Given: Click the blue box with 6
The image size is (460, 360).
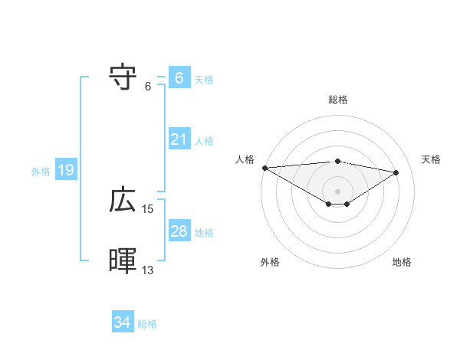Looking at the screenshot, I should point(179,78).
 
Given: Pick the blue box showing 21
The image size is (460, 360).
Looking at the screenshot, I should point(179,139).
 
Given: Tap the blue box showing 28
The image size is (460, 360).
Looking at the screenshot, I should point(179,231).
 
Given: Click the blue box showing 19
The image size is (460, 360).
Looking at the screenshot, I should point(65,170).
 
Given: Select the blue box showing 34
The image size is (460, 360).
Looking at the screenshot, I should point(122,322).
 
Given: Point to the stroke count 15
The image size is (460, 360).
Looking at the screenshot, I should point(148,208).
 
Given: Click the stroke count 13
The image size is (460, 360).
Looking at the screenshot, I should point(148,270).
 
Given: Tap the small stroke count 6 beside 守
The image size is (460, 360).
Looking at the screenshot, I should point(148,86).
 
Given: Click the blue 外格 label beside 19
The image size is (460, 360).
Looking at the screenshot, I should point(41,172).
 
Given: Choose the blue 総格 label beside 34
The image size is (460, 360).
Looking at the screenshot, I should point(147,324).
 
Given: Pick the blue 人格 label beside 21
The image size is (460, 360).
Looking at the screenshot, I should point(204,141).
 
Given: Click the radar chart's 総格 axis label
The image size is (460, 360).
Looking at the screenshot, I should point(337,100).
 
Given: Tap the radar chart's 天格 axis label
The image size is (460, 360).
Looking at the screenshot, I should point(431,159).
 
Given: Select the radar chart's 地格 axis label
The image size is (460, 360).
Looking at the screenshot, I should point(402,262).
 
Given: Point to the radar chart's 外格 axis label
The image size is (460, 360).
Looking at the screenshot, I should point(270,262).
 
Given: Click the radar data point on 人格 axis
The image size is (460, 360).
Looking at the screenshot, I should point(264,168).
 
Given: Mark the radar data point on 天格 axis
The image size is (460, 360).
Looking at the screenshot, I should point(396,172).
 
